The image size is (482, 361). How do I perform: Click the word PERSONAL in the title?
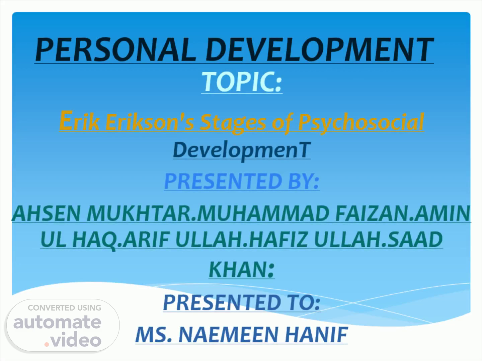pos(115,49)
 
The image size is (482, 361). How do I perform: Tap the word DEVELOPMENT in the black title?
pos(320,49)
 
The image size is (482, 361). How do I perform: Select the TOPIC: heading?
pos(242,82)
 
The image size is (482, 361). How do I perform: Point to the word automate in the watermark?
pos(57,322)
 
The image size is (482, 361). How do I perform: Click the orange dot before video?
pos(47,344)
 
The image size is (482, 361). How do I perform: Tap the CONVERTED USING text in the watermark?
pos(65,308)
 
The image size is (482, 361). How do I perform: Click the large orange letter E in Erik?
pos(66,120)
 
